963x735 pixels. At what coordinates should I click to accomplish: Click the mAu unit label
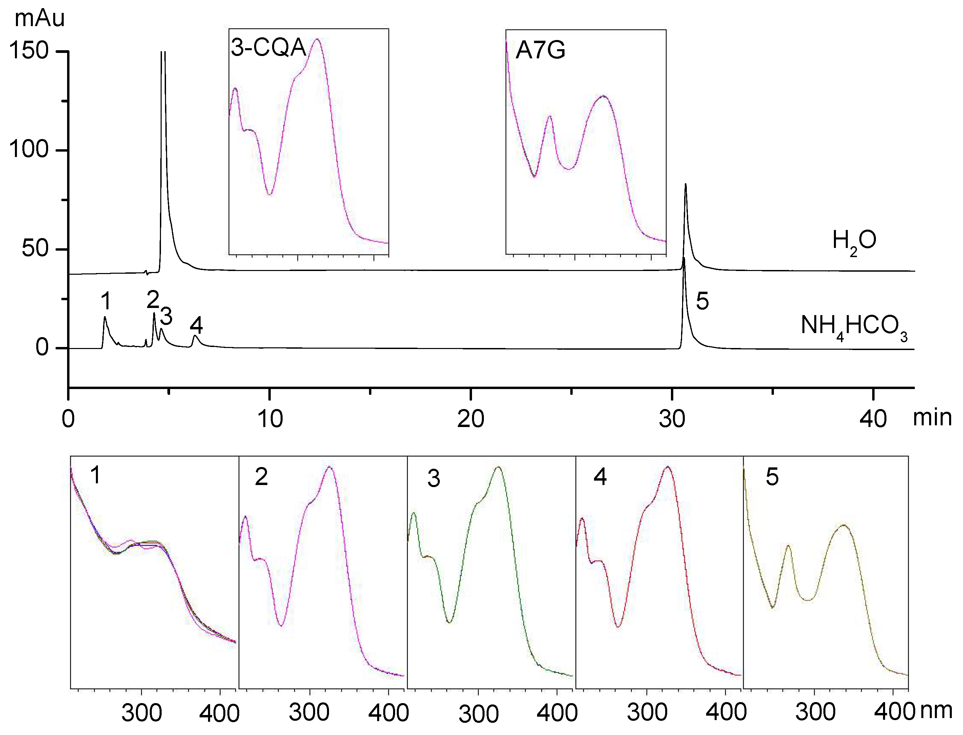[x=39, y=18]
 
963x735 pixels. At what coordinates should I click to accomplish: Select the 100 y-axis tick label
[x=29, y=150]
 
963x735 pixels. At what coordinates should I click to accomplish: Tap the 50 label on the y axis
[x=35, y=249]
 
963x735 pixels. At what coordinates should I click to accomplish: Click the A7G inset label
[x=540, y=50]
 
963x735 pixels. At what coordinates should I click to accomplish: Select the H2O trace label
[x=854, y=241]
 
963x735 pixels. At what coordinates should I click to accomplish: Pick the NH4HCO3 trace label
[x=854, y=326]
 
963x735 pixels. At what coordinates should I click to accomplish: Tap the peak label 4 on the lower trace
[x=196, y=325]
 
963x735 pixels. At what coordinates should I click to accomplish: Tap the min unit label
[x=932, y=418]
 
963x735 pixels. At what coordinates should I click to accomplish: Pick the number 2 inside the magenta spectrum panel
[x=261, y=477]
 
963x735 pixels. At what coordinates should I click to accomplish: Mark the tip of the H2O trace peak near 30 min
[x=685, y=185]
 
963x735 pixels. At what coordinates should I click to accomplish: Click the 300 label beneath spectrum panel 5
[x=815, y=712]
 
